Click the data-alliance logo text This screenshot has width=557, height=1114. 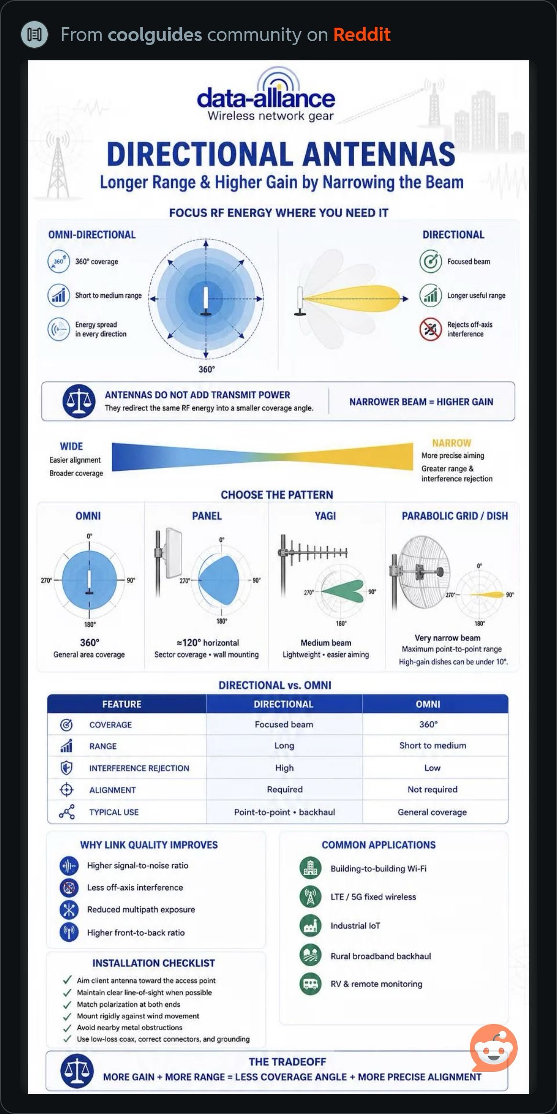[x=266, y=99]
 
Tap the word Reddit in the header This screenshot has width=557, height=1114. [x=362, y=34]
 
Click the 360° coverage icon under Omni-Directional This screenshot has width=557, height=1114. [x=58, y=261]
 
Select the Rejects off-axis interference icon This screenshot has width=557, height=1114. [x=430, y=329]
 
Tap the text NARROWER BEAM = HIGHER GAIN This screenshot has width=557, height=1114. [x=421, y=402]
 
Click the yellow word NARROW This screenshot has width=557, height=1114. [x=452, y=443]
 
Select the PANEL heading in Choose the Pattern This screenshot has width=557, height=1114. [x=207, y=516]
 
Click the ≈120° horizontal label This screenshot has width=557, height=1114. [x=208, y=643]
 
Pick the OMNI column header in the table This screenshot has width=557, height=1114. [x=428, y=704]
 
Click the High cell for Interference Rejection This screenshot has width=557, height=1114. [x=284, y=768]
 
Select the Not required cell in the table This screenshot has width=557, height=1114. [x=433, y=790]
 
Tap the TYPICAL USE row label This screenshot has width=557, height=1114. [x=114, y=812]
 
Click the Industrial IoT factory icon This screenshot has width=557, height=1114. [x=310, y=926]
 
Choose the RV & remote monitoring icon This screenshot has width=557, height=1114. [x=310, y=984]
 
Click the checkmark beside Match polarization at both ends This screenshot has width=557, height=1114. [x=67, y=1004]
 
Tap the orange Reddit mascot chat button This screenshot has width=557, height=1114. [x=494, y=1048]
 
